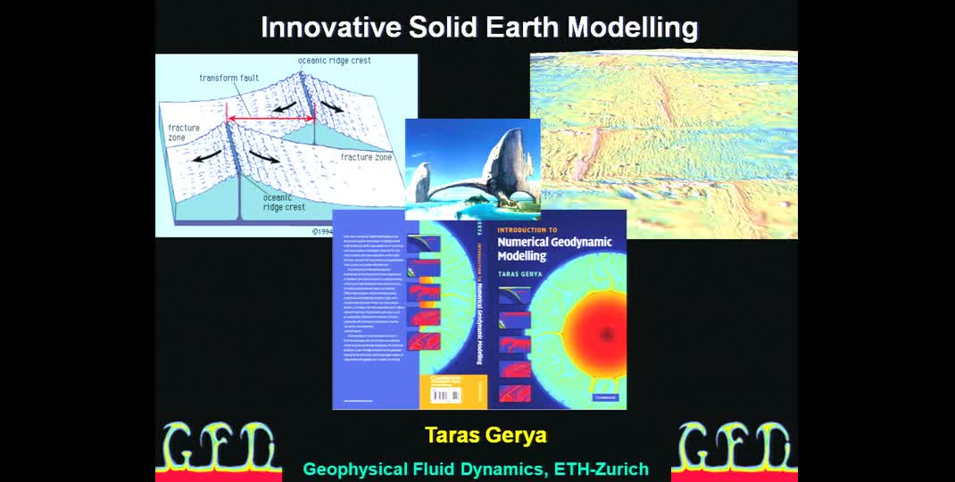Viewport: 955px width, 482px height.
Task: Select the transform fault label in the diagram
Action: click(x=228, y=79)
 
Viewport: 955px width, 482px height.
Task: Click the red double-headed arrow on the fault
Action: click(x=270, y=118)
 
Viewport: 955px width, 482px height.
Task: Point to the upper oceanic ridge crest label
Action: click(x=334, y=61)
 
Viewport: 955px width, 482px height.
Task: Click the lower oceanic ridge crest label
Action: click(x=284, y=202)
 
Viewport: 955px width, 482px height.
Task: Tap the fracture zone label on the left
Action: click(x=184, y=133)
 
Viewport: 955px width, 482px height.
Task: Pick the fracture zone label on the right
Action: click(x=366, y=157)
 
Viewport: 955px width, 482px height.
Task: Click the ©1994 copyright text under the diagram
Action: click(x=328, y=230)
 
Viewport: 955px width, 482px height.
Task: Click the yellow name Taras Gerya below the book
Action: click(x=486, y=436)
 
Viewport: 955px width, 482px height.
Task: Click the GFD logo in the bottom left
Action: click(x=218, y=447)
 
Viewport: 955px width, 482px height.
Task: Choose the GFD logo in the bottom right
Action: click(x=735, y=447)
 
